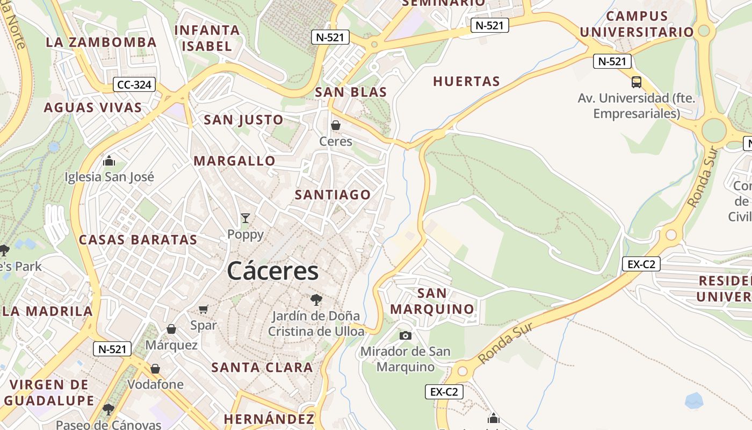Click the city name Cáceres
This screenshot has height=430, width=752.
pyautogui.click(x=272, y=270)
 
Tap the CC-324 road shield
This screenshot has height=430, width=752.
pyautogui.click(x=134, y=84)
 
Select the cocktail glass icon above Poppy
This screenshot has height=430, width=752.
pyautogui.click(x=245, y=218)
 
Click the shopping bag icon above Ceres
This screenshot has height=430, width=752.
pyautogui.click(x=336, y=125)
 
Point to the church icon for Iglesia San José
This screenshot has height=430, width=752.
pyautogui.click(x=109, y=161)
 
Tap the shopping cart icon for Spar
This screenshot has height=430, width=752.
pyautogui.click(x=204, y=309)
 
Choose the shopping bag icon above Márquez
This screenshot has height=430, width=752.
pyautogui.click(x=171, y=328)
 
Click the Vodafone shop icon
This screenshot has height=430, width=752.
pyautogui.click(x=155, y=368)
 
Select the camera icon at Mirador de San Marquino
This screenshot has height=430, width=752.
pyautogui.click(x=406, y=335)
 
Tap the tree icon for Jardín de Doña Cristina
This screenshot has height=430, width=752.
pyautogui.click(x=316, y=299)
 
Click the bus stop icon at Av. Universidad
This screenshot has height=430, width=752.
pyautogui.click(x=637, y=82)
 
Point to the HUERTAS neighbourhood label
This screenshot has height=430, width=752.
pyautogui.click(x=466, y=81)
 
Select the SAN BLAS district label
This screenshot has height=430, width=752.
pyautogui.click(x=351, y=92)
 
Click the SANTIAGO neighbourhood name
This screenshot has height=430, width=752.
pyautogui.click(x=332, y=195)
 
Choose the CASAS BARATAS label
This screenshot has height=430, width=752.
pyautogui.click(x=138, y=240)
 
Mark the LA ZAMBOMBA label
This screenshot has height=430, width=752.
pyautogui.click(x=101, y=42)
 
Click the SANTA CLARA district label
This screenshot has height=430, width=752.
pyautogui.click(x=262, y=368)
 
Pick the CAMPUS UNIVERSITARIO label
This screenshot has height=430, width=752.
pyautogui.click(x=637, y=24)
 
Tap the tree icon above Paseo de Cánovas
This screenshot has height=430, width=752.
pyautogui.click(x=109, y=409)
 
